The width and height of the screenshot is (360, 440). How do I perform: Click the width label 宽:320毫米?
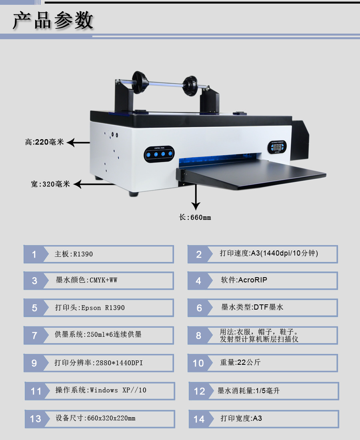(50, 184)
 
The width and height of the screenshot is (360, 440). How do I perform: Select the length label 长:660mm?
(195, 218)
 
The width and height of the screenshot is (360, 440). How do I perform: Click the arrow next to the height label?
(78, 142)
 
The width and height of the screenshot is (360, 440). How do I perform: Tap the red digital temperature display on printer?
(277, 147)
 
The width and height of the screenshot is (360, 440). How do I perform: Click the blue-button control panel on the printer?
(159, 154)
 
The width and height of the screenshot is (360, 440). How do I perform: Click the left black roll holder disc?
(138, 82)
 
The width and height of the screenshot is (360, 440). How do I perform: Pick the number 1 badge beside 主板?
(34, 254)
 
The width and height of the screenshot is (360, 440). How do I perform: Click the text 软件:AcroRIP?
(244, 280)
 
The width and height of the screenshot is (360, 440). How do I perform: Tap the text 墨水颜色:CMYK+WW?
(86, 280)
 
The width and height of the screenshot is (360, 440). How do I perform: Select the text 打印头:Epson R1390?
(90, 308)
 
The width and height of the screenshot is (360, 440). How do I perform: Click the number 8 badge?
(198, 335)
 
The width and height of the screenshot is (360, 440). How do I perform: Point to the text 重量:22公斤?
(240, 362)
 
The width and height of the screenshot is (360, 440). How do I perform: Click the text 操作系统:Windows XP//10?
(101, 390)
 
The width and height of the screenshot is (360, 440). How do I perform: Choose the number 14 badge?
(199, 419)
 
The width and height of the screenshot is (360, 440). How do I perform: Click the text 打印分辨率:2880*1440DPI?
(98, 363)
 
